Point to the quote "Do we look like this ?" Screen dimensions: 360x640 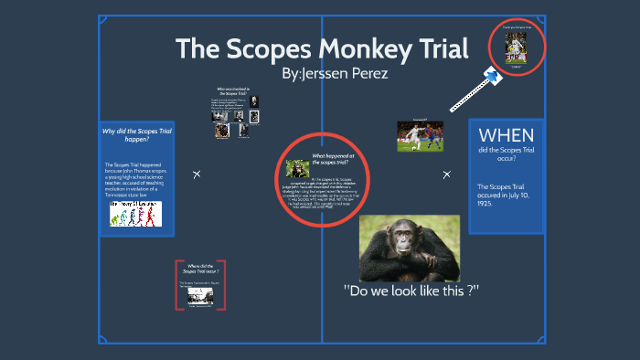pos(411,291)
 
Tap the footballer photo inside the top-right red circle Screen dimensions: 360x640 pos(517,48)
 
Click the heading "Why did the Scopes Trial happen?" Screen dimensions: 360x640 pos(136,135)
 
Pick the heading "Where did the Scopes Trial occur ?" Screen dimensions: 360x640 pos(202,269)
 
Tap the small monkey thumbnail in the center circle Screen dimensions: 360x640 pos(296,168)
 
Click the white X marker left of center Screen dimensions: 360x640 pos(196,174)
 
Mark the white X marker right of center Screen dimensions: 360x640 pos(446,174)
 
